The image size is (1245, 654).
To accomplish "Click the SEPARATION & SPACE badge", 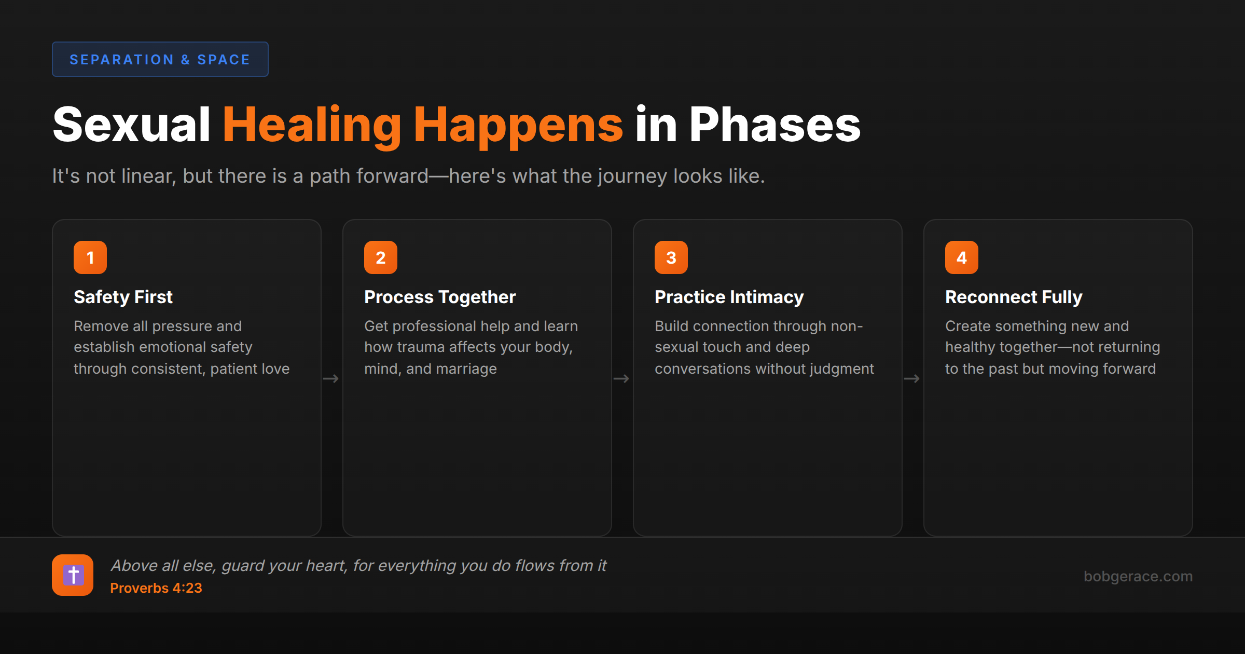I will [160, 59].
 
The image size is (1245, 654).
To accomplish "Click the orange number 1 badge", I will [90, 257].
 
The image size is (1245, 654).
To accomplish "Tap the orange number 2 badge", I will [381, 257].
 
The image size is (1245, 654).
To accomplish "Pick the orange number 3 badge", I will [671, 257].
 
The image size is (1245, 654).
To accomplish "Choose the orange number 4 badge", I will [962, 257].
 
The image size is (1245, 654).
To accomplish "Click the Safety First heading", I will [123, 297].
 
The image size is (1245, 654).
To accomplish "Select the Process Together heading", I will [440, 297].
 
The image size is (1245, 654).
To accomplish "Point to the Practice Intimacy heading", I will [729, 297].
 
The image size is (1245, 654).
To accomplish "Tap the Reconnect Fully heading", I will [1014, 297].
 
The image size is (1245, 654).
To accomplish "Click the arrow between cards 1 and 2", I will [331, 379].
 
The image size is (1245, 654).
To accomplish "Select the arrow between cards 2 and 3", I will [621, 379].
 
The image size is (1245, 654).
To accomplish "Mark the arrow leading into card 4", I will [912, 379].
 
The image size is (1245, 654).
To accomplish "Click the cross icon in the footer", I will [73, 575].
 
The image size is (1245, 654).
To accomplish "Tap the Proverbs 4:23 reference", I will [156, 588].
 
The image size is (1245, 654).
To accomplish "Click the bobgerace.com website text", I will [1138, 576].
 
